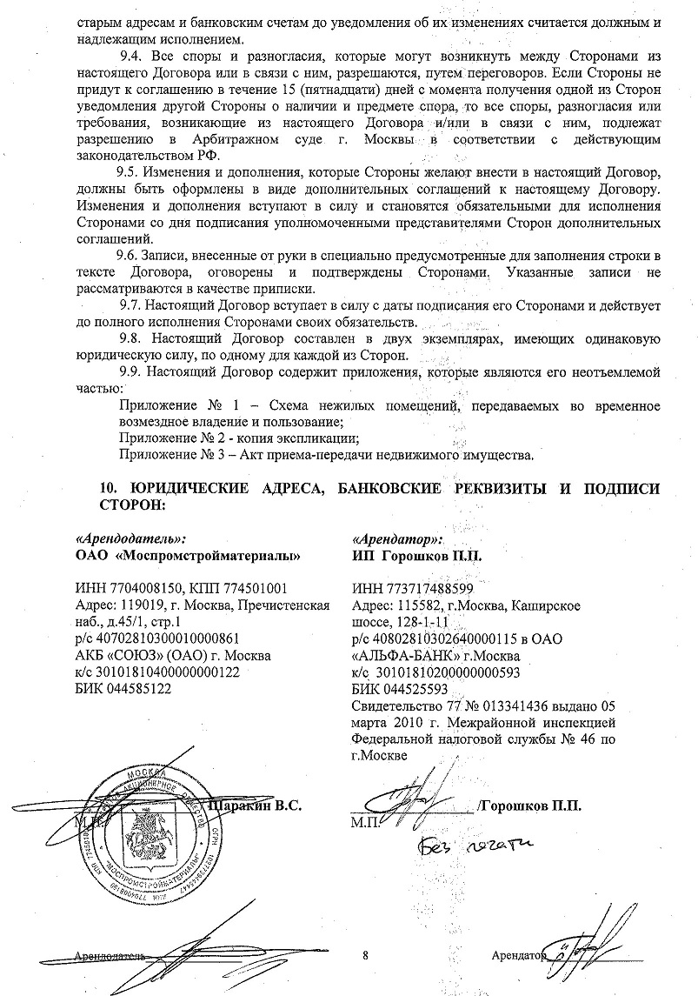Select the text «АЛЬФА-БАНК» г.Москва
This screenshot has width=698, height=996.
(x=423, y=655)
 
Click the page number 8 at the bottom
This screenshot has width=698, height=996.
(x=366, y=956)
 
